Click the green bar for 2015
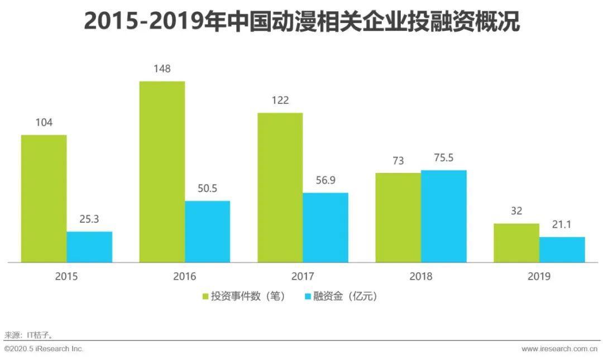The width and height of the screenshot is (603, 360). click(44, 198)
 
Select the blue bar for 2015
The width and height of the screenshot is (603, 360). click(89, 247)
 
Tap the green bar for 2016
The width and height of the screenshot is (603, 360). click(162, 171)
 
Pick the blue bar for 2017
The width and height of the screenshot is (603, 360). click(326, 227)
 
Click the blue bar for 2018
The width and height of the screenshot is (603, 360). click(443, 216)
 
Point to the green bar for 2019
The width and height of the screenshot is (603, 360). click(516, 243)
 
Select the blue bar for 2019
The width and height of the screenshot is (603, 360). click(562, 249)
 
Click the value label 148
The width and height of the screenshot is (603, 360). click(162, 69)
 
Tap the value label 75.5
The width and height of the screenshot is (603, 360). click(443, 159)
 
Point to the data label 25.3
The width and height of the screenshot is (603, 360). click(89, 220)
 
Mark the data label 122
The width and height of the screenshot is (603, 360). click(280, 101)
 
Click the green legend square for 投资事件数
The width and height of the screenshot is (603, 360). click(205, 296)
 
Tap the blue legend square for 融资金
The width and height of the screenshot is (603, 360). click(308, 296)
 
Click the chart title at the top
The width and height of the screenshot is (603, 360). click(301, 22)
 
